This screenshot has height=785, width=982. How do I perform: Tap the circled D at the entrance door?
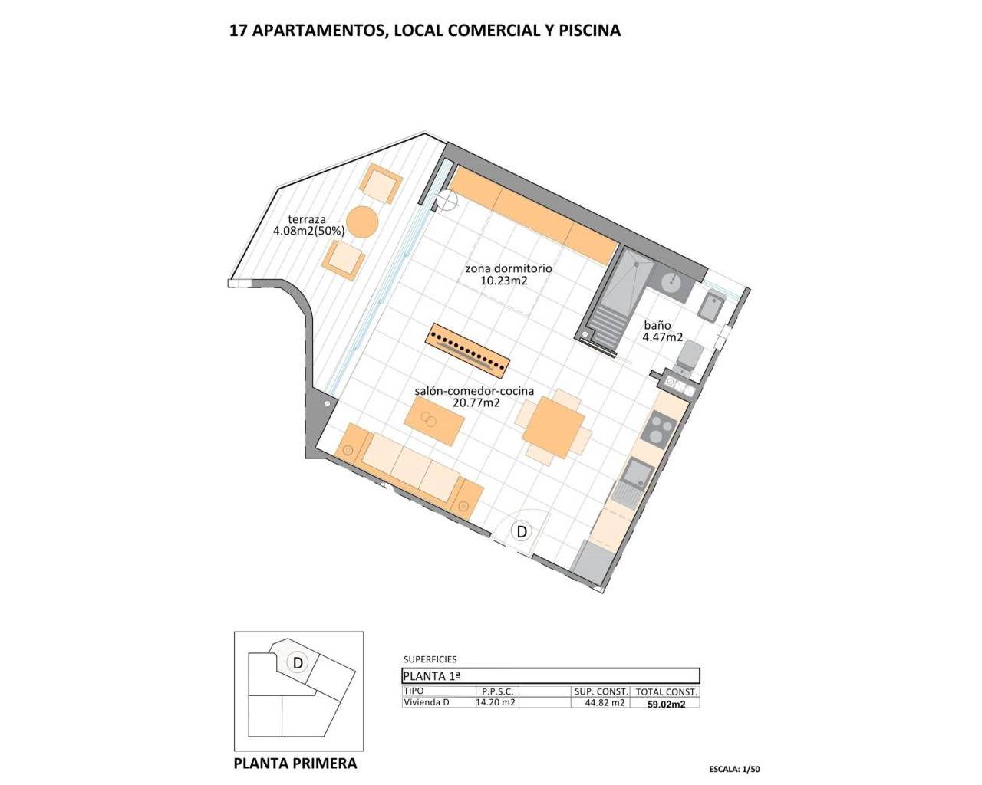coord(522,530)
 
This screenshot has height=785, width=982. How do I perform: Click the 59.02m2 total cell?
coord(667,703)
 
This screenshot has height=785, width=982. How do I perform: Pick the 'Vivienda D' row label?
coord(426,701)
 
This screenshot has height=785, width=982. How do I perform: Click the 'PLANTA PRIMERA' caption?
coord(295,764)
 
